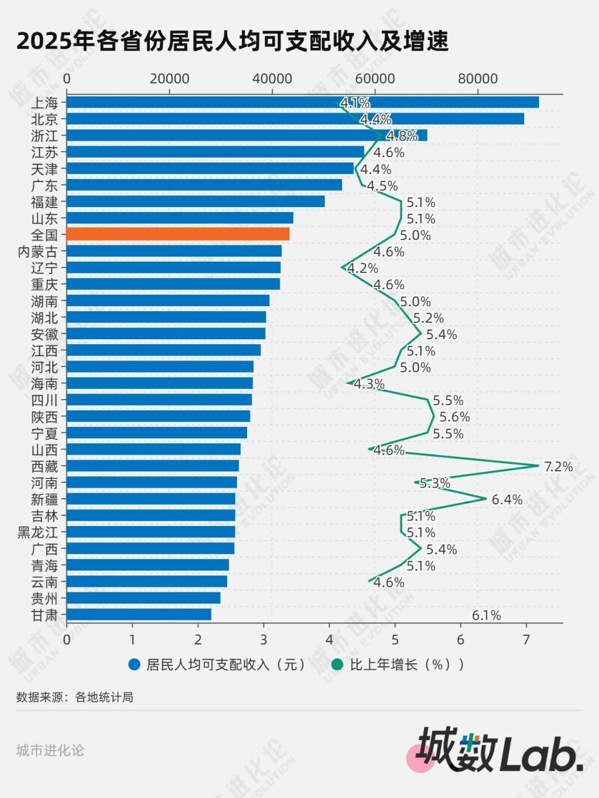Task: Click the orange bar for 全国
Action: coord(178,234)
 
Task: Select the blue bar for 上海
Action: coord(303,102)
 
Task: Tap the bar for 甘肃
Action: coord(139,615)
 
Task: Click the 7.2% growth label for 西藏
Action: coord(558,466)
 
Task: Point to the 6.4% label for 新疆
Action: coord(507,499)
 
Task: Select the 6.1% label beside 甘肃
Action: coord(486,615)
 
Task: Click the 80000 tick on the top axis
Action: coord(477,79)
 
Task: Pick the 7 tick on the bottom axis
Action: coord(526,639)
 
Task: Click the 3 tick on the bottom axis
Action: coord(263,639)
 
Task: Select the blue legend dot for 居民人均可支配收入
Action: coord(134,665)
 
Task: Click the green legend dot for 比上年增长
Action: coord(338,665)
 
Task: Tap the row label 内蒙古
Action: coord(37,251)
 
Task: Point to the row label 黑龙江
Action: coord(37,532)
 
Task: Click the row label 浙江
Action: coord(44,135)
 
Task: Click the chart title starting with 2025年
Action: coord(232,42)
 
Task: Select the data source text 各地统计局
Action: coord(104,697)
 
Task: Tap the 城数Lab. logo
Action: coord(499,750)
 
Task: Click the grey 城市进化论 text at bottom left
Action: coord(50,750)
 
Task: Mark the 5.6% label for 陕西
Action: coord(454,416)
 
